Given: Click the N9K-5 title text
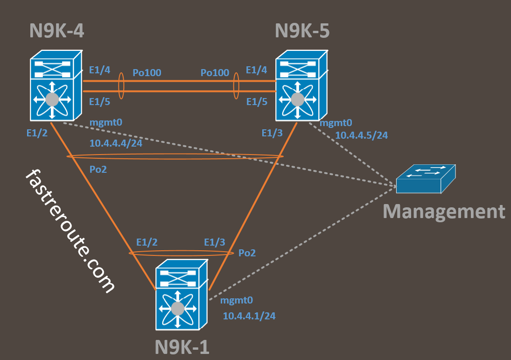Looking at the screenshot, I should pos(302,31).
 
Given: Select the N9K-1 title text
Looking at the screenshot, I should pos(182,347).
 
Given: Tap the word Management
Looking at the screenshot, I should pos(444,211).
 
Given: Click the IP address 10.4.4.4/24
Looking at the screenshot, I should pos(116,143).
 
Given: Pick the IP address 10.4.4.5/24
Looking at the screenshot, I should pos(362,135).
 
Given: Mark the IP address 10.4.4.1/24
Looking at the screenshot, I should pos(249,316).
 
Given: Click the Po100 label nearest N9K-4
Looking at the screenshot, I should pos(147,72).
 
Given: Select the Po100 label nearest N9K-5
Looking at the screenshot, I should pos(215,72).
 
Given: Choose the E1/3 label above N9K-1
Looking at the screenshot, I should pos(215,242).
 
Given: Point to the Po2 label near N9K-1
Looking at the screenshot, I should pos(247,253).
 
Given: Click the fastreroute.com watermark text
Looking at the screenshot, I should pos(70,231).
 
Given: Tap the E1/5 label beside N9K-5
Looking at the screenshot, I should pos(257,101).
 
